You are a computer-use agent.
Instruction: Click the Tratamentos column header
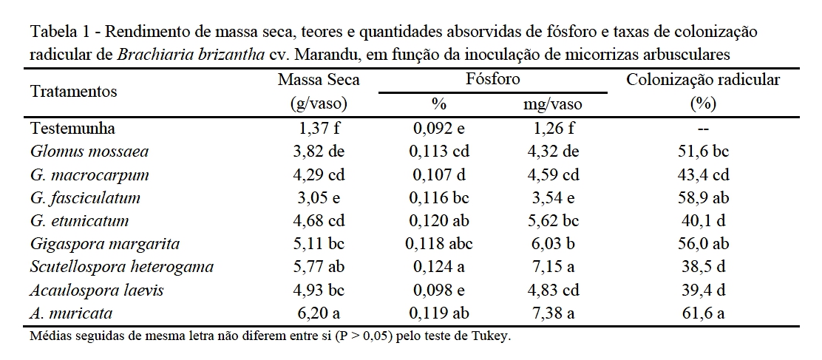click(73, 92)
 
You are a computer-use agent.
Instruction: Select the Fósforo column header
click(493, 79)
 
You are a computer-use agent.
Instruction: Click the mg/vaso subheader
click(553, 104)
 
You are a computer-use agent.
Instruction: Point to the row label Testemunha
click(72, 128)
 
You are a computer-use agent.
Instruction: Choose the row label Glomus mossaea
click(89, 152)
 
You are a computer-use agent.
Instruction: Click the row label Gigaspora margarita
click(105, 243)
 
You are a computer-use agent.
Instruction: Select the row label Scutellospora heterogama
click(122, 266)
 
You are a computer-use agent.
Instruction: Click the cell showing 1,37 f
click(317, 128)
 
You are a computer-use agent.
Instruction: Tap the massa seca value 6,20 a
click(317, 313)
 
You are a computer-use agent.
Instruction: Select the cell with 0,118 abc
click(441, 243)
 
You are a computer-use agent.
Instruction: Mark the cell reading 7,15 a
click(554, 266)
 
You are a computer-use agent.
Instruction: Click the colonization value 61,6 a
click(703, 313)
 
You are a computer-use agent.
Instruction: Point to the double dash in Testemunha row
click(703, 129)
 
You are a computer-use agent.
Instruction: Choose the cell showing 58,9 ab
click(703, 197)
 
